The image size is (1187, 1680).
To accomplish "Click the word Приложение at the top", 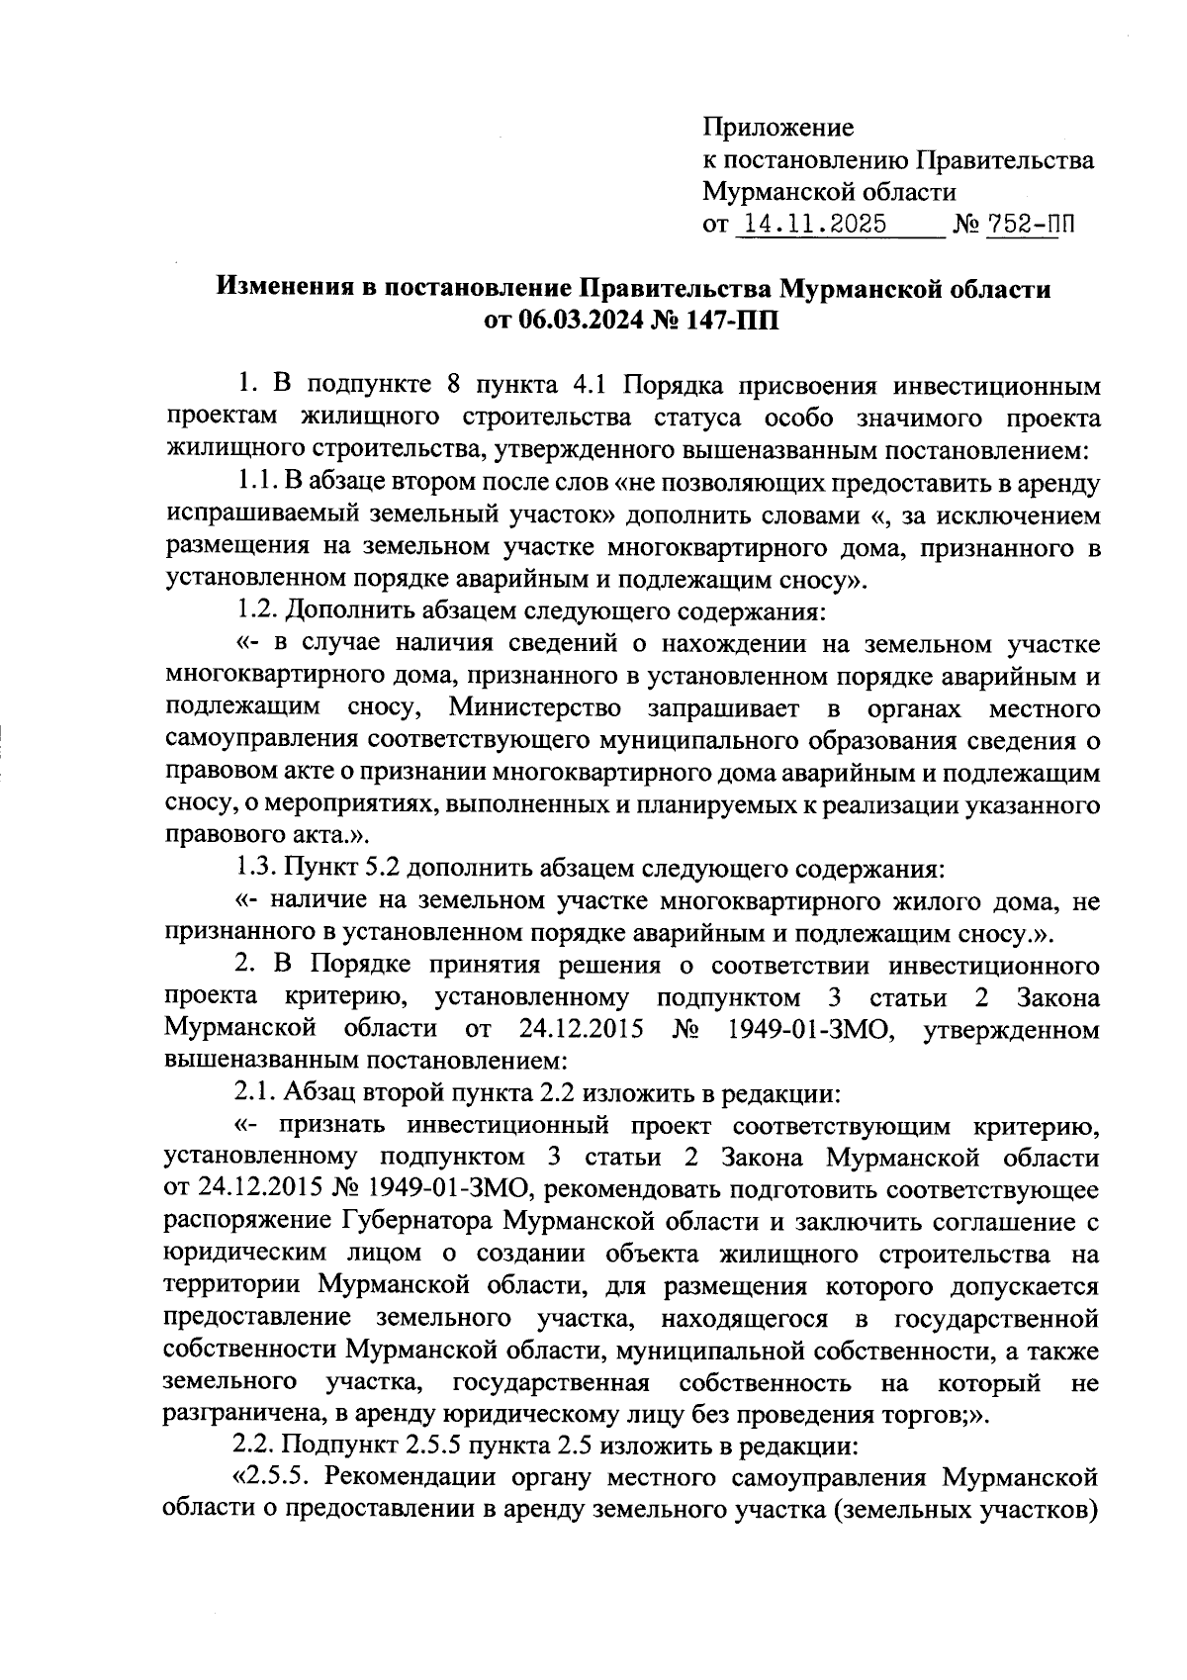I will coord(777,128).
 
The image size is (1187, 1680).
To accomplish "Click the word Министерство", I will coord(535,708).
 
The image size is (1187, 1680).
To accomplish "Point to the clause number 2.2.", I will coord(256,1447).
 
